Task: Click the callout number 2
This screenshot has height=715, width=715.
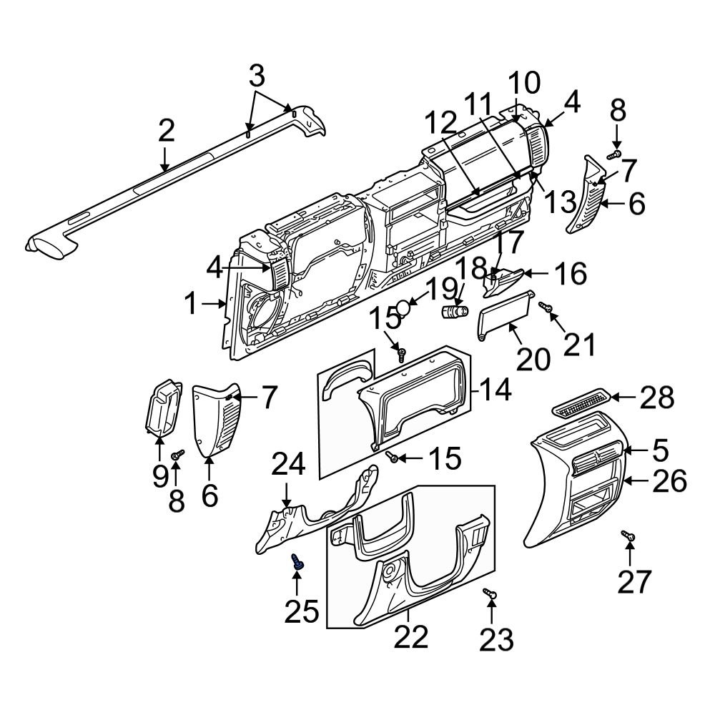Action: tap(166, 131)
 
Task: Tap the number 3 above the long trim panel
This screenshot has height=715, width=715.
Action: tap(257, 74)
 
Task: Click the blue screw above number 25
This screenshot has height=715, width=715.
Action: tap(297, 563)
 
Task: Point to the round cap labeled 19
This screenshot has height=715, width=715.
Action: tap(405, 307)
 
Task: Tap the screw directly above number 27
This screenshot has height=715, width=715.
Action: tap(628, 536)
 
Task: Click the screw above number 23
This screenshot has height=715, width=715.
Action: tap(490, 593)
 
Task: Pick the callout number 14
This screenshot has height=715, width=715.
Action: tap(496, 390)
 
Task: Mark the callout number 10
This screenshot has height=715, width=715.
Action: tap(524, 83)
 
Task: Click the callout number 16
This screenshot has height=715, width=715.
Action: tap(571, 273)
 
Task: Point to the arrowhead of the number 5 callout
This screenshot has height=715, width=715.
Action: tap(625, 450)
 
